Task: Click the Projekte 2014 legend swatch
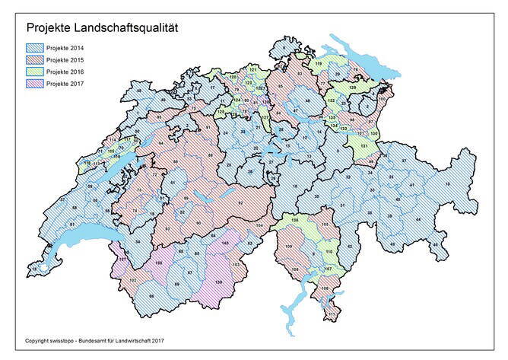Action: (34, 49)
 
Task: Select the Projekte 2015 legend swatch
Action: (34, 60)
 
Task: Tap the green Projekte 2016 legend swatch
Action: (34, 72)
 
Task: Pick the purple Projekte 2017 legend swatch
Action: (34, 83)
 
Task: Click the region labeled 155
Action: (160, 262)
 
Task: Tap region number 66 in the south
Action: (151, 295)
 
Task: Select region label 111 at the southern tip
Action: (331, 314)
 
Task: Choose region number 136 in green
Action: (295, 220)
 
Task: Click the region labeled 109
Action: (289, 247)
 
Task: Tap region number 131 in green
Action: (364, 144)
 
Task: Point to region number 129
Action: (352, 89)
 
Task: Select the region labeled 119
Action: (319, 63)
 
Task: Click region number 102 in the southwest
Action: (133, 281)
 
